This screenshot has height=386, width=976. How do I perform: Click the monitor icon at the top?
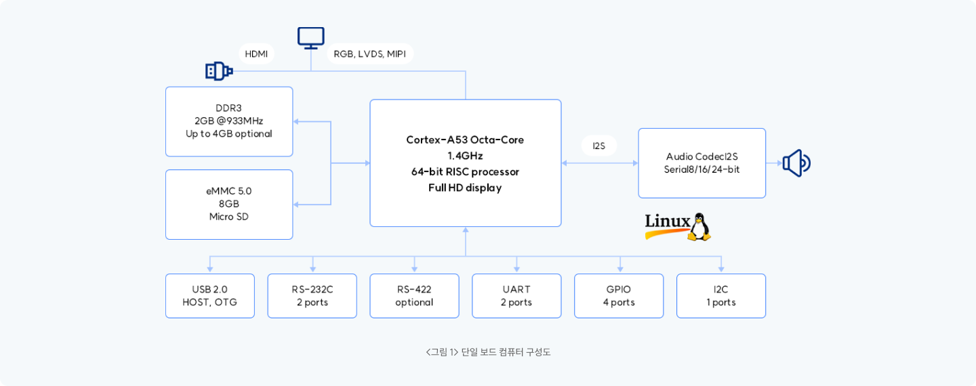pyautogui.click(x=311, y=38)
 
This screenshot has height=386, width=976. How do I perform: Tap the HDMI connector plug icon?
pyautogui.click(x=219, y=70)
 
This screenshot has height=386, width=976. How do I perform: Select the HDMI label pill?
pyautogui.click(x=256, y=53)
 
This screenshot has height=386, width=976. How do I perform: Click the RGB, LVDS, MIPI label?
pyautogui.click(x=369, y=53)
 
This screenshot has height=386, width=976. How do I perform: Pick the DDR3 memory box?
pyautogui.click(x=229, y=121)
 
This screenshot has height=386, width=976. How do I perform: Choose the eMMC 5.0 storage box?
pyautogui.click(x=229, y=204)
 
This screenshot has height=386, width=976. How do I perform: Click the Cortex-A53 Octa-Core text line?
pyautogui.click(x=465, y=140)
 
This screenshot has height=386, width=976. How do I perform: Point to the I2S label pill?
pyautogui.click(x=599, y=146)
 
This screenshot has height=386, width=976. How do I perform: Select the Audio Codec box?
pyautogui.click(x=701, y=163)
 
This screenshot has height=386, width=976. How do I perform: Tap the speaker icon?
pyautogui.click(x=796, y=163)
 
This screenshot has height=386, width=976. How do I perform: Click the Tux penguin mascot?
pyautogui.click(x=699, y=227)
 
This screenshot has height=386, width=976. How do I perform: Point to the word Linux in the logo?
pyautogui.click(x=667, y=221)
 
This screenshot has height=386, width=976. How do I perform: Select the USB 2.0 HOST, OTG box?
pyautogui.click(x=210, y=296)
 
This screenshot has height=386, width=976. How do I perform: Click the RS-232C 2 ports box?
pyautogui.click(x=312, y=296)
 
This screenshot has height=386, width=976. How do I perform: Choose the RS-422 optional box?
pyautogui.click(x=414, y=296)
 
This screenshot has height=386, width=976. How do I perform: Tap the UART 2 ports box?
pyautogui.click(x=516, y=296)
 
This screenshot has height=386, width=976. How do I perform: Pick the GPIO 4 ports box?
pyautogui.click(x=619, y=296)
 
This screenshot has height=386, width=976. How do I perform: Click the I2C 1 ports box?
pyautogui.click(x=721, y=296)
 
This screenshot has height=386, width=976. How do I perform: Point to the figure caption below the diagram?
pyautogui.click(x=488, y=352)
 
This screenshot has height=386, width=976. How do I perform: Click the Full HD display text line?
pyautogui.click(x=465, y=188)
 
